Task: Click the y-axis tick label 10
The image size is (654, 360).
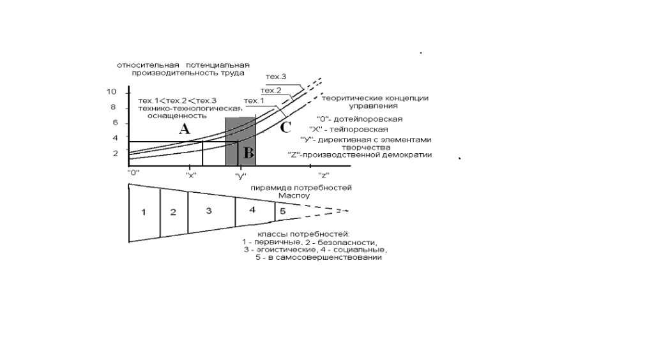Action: click(x=111, y=92)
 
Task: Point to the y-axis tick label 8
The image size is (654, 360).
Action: click(x=113, y=107)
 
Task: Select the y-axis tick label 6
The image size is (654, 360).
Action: click(x=116, y=123)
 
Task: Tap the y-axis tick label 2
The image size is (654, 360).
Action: click(x=116, y=153)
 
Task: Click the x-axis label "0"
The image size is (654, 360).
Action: click(x=133, y=172)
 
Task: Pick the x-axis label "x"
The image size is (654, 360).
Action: click(x=191, y=176)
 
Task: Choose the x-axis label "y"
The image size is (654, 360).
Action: click(x=241, y=176)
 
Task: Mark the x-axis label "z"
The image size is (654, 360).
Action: click(x=324, y=176)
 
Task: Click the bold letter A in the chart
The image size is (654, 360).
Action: click(x=185, y=129)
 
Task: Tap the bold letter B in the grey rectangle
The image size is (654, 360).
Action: click(x=248, y=153)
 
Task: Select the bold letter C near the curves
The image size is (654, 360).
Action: click(x=285, y=127)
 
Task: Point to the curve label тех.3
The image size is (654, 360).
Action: click(x=276, y=77)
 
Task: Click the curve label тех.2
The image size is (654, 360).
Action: click(x=271, y=91)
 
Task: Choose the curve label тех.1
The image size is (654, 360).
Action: click(x=254, y=101)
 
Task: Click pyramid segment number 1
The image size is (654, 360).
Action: click(x=144, y=213)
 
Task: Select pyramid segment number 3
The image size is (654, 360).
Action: click(x=209, y=211)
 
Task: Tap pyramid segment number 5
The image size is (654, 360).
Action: click(x=283, y=211)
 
